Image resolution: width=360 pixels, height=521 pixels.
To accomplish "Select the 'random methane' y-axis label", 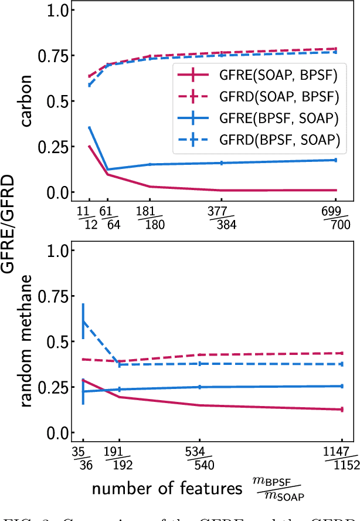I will click(26, 341).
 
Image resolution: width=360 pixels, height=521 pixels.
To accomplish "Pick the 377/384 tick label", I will click(221, 217).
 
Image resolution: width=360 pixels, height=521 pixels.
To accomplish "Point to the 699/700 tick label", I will click(335, 217).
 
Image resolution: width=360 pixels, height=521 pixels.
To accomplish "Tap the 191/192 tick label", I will click(120, 458).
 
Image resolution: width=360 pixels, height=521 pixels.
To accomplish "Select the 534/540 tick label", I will click(200, 458).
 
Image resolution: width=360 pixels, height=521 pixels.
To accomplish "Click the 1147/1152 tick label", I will click(341, 458).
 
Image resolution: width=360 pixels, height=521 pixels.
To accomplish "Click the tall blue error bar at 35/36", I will click(83, 322).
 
